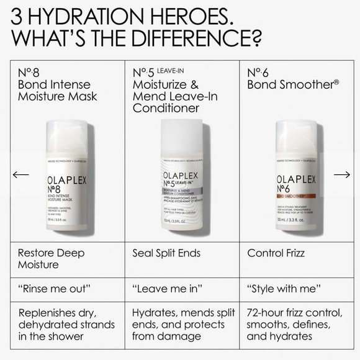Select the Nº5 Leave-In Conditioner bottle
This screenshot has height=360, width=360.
(x=184, y=180)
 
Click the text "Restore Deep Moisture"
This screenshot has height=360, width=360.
(x=51, y=259)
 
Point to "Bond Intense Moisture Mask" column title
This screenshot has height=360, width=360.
(x=57, y=91)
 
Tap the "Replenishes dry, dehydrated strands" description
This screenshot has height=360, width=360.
(x=66, y=324)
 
